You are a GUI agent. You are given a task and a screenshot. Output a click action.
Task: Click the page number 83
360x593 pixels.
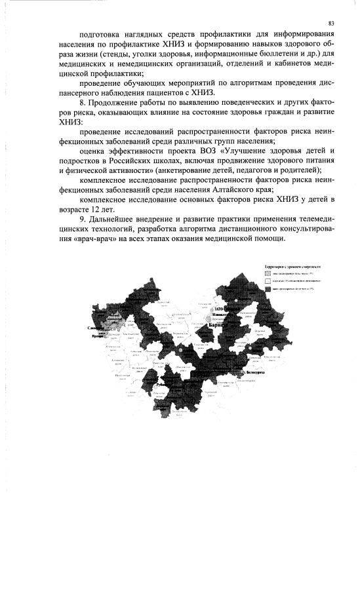pos(331,24)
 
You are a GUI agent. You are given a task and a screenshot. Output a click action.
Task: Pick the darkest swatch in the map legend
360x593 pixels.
pos(267,288)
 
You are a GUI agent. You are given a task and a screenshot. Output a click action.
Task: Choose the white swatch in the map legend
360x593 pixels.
pos(267,280)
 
